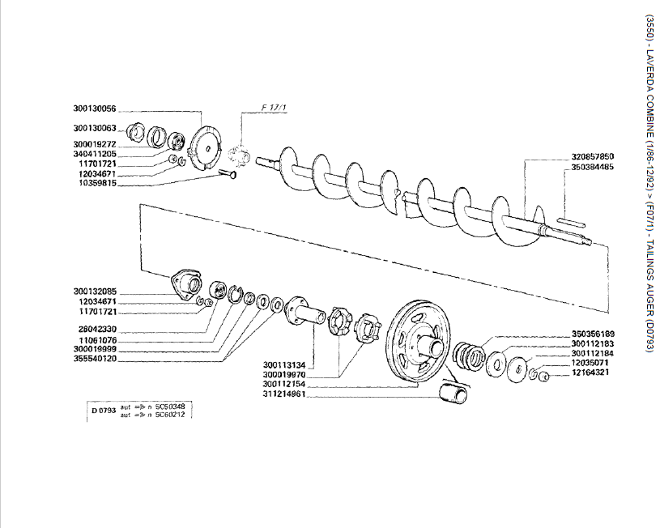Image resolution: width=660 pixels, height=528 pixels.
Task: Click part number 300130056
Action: pyautogui.click(x=95, y=109)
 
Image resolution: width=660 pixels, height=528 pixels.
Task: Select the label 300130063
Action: pyautogui.click(x=95, y=128)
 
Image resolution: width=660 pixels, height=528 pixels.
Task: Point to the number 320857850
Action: pyautogui.click(x=592, y=156)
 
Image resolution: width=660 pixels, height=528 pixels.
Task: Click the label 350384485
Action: pyautogui.click(x=592, y=167)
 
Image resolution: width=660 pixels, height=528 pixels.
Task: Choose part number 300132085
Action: pyautogui.click(x=95, y=292)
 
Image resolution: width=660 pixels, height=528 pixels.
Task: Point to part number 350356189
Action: pyautogui.click(x=593, y=333)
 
